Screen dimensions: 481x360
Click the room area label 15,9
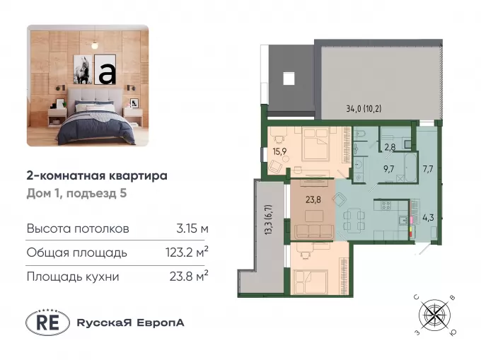tap(278, 151)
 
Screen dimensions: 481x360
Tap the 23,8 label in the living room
tap(313, 199)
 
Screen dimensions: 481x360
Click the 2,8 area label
tap(390, 147)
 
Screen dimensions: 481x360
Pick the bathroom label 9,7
tap(388, 169)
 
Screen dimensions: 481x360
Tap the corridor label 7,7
tap(428, 169)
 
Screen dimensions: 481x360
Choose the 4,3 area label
tap(428, 218)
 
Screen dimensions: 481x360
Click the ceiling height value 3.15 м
tap(192, 228)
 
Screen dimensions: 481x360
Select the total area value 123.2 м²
tap(187, 252)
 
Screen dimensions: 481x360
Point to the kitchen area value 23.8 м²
tap(189, 277)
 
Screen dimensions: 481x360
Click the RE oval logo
tap(47, 323)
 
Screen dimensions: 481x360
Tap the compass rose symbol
tap(435, 315)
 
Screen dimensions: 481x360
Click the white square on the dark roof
tap(289, 79)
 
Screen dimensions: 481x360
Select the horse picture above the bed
tap(83, 69)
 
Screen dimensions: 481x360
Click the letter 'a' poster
tap(105, 70)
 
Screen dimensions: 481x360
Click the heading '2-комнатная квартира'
tap(97, 176)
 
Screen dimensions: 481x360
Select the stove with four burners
tap(386, 205)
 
